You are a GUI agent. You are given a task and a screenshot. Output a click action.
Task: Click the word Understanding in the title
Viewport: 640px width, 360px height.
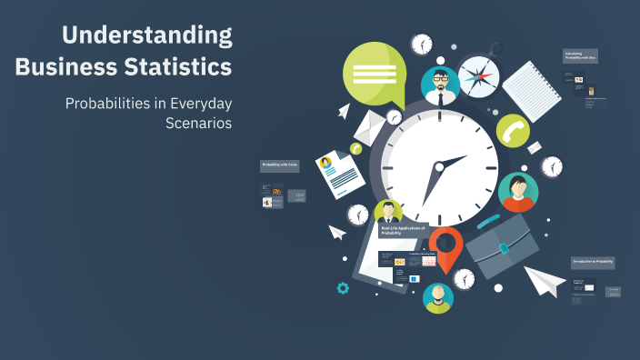tap(146, 36)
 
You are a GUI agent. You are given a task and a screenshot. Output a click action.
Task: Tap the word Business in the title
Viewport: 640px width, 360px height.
tap(60, 66)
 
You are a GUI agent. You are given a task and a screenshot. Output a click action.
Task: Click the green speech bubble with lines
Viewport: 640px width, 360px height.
tap(374, 73)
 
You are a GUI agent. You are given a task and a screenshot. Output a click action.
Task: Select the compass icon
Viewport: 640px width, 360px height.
tap(478, 76)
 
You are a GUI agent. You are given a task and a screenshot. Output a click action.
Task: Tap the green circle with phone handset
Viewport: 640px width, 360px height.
tap(513, 130)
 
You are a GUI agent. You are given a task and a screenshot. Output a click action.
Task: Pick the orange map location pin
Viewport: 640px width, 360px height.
tap(445, 247)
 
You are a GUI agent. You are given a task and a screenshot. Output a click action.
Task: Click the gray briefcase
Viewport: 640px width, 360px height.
tap(503, 245)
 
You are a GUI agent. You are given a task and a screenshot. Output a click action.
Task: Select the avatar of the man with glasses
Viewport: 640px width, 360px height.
tap(440, 85)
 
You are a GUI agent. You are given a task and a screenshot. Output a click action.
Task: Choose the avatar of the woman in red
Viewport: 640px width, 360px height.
tap(517, 191)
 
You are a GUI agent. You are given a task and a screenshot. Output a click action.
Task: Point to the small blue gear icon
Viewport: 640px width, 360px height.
tap(343, 288)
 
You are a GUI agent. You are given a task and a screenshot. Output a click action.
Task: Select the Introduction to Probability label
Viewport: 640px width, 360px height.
tap(593, 262)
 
